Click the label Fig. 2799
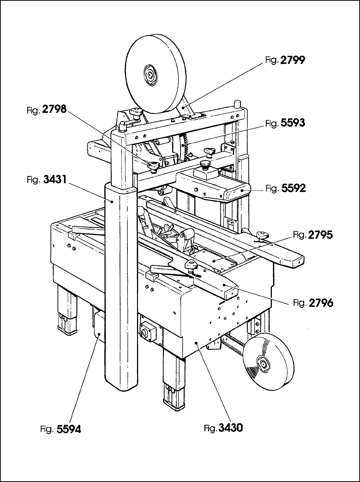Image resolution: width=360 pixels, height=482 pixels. (x=285, y=60)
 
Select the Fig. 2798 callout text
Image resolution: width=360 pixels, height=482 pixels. (x=47, y=109)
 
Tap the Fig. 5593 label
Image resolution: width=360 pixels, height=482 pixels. (x=285, y=123)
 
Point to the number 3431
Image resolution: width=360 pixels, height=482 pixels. (x=55, y=179)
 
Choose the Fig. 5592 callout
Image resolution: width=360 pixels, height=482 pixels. (x=285, y=188)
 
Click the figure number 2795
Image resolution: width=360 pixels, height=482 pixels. (x=320, y=235)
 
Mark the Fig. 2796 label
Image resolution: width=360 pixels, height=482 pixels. (x=313, y=303)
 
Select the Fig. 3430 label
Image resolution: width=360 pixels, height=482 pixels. (x=223, y=428)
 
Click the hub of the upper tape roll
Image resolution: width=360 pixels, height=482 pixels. (x=150, y=76)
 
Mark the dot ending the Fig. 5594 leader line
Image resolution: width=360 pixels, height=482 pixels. (x=99, y=341)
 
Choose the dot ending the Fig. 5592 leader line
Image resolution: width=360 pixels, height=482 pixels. (x=242, y=190)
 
